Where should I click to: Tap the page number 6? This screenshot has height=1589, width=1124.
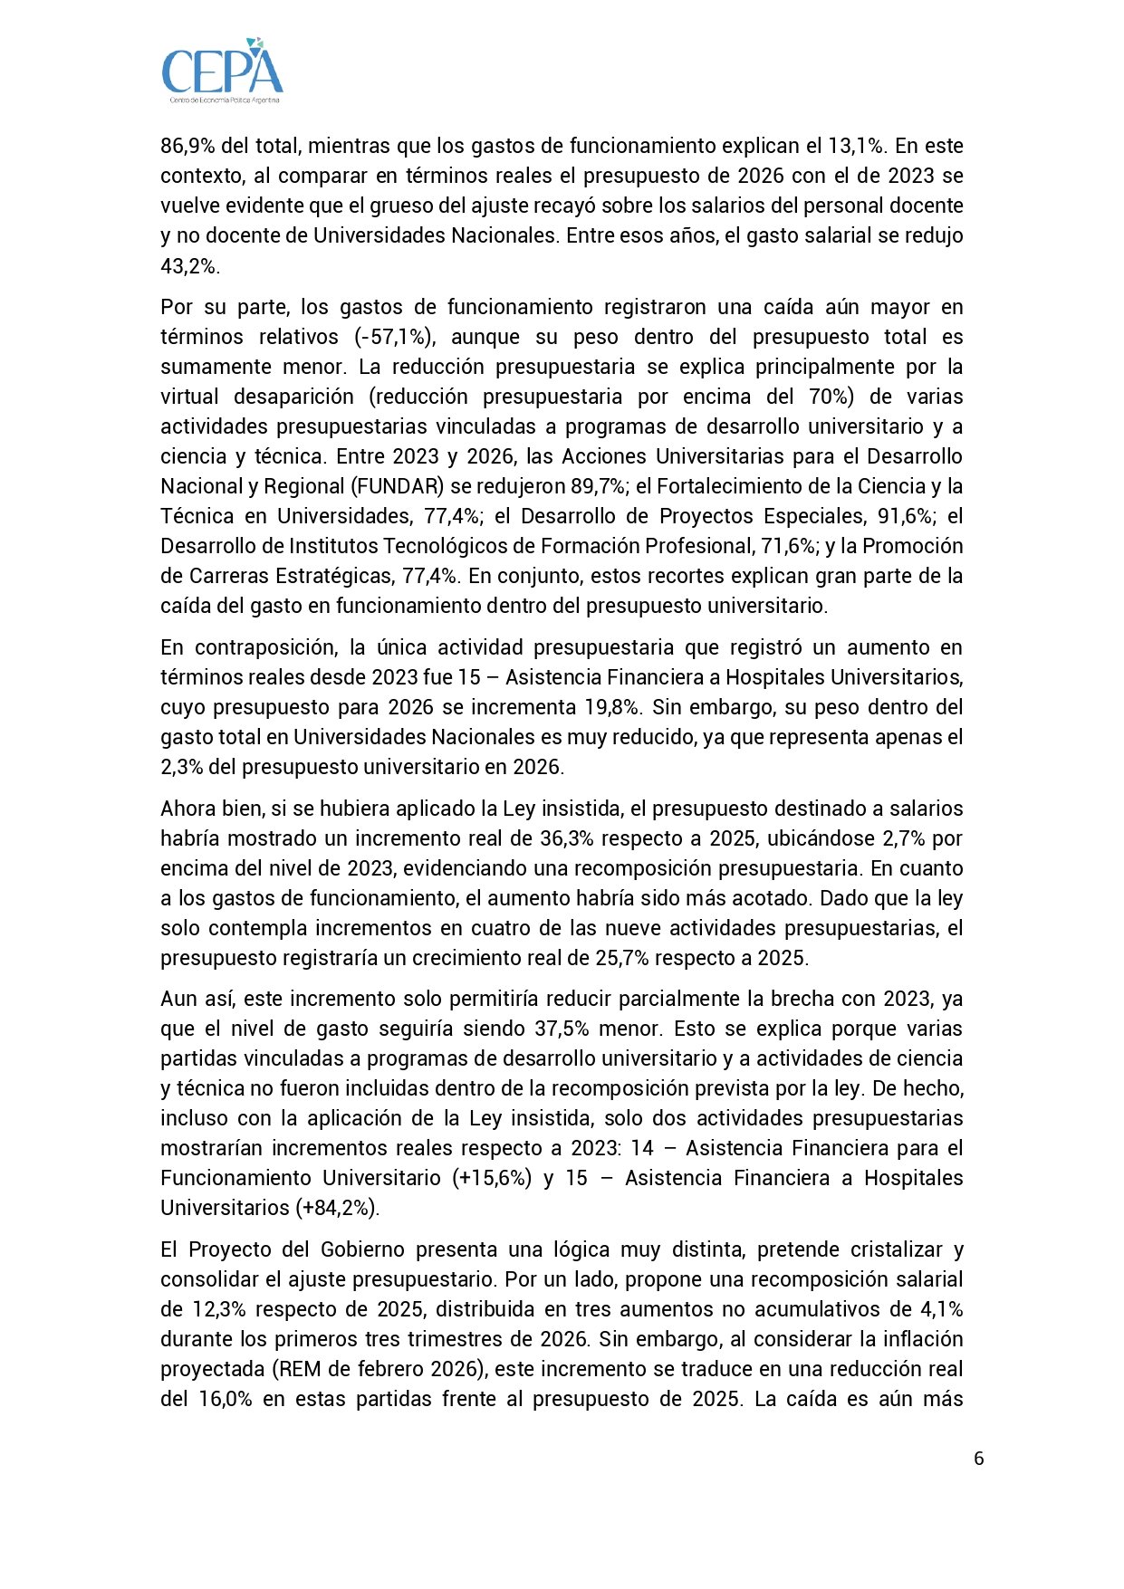pyautogui.click(x=978, y=1458)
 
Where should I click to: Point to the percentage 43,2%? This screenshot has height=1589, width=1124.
pyautogui.click(x=189, y=265)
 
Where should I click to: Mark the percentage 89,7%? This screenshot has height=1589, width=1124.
pyautogui.click(x=598, y=486)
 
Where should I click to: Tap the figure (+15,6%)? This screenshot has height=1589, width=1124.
pyautogui.click(x=492, y=1178)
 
